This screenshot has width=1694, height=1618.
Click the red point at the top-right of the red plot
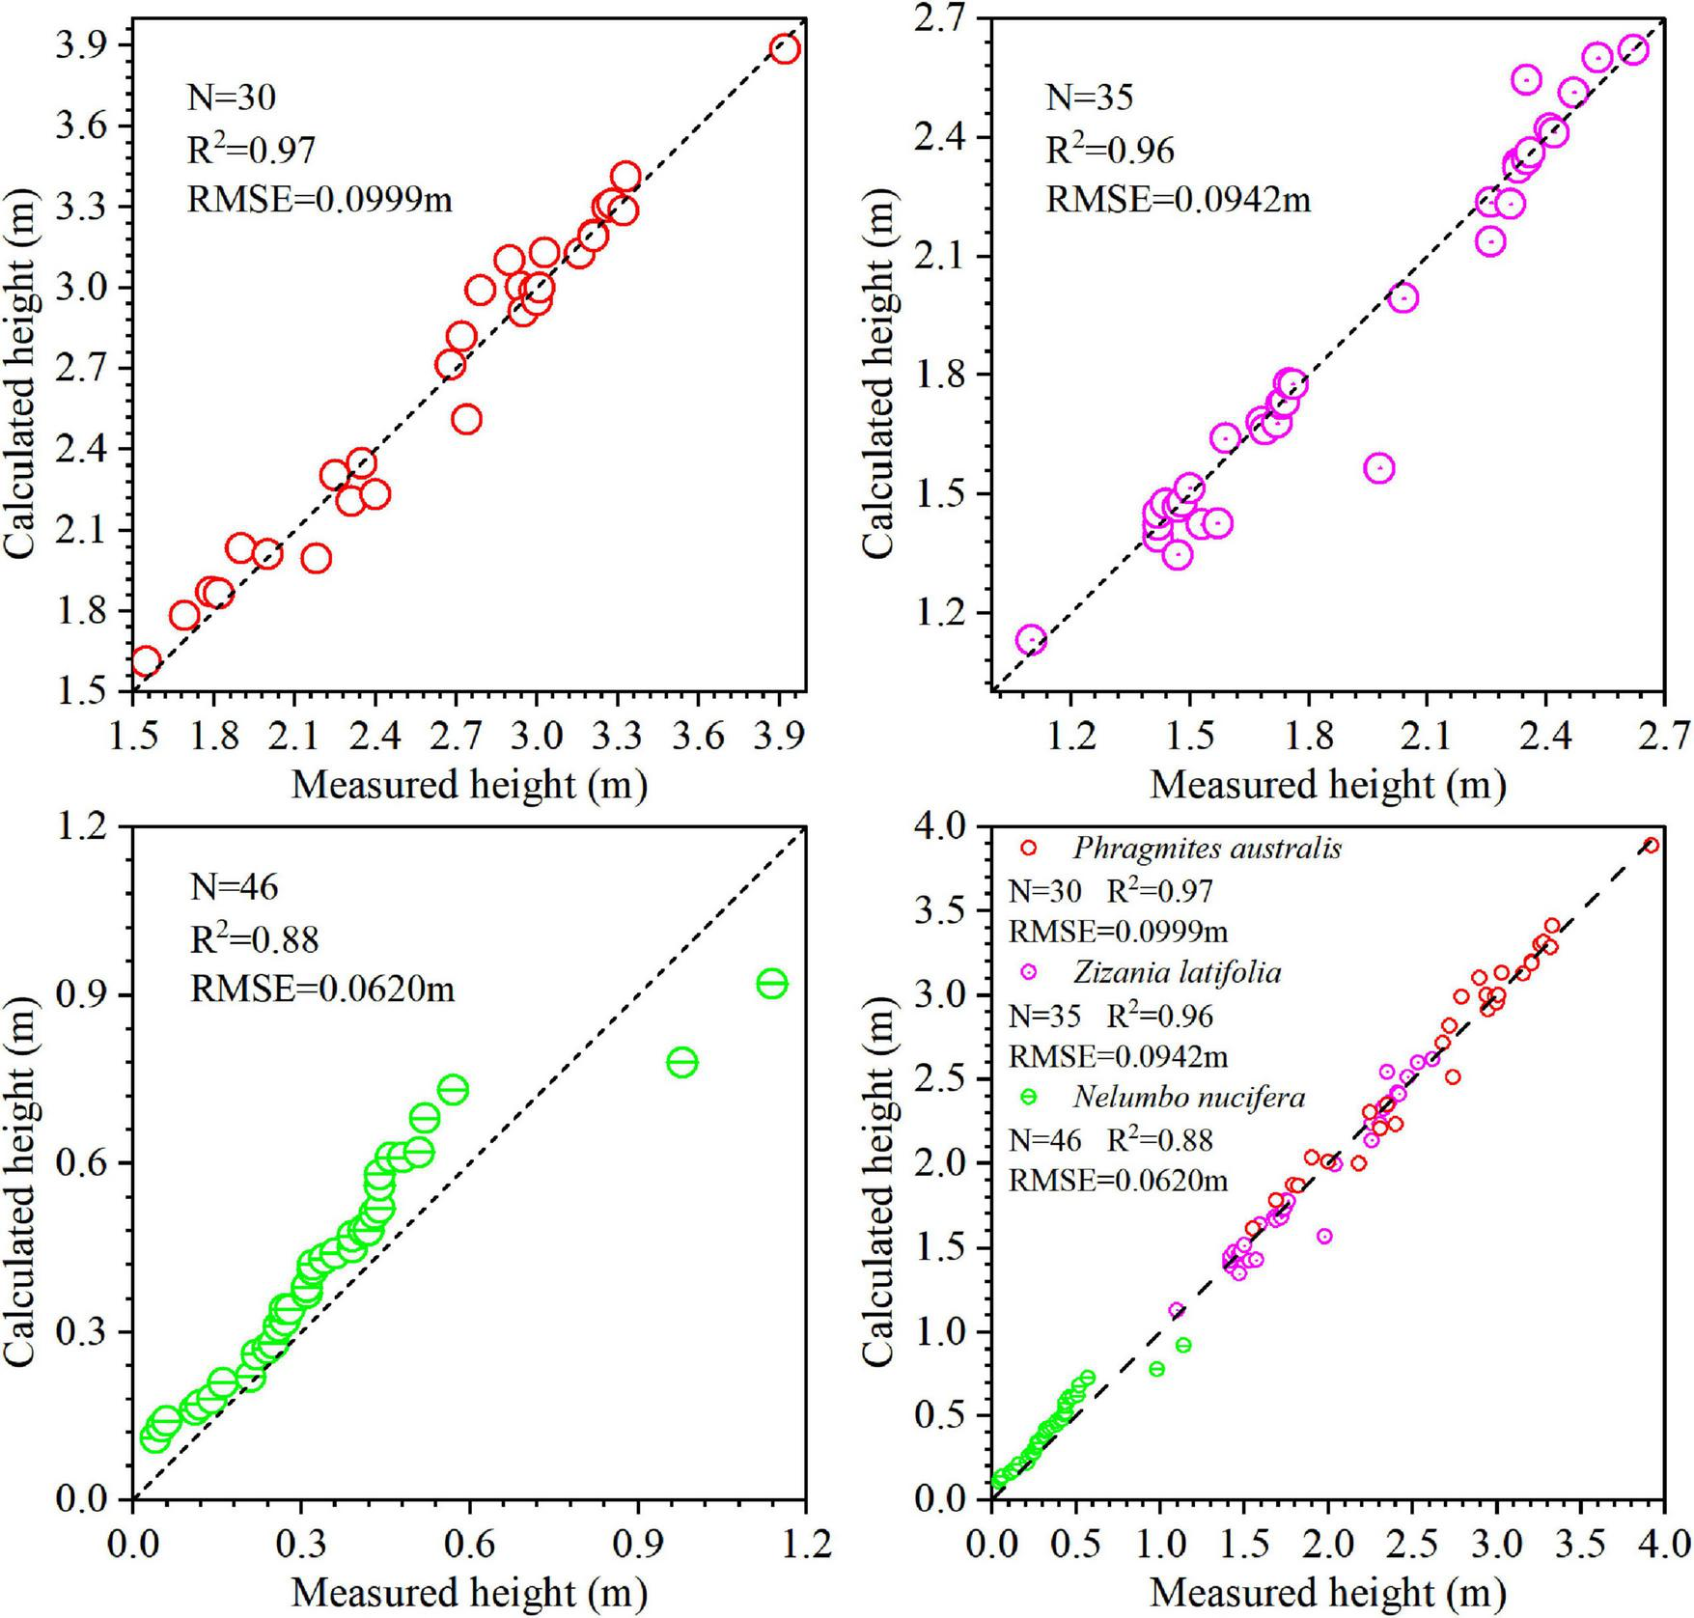(785, 49)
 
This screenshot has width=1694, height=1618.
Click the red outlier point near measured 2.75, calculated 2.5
(467, 419)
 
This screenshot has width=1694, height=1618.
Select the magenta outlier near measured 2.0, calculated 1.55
(1379, 468)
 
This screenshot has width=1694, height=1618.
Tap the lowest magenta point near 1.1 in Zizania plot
(1031, 639)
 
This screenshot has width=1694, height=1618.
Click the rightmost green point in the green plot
(771, 984)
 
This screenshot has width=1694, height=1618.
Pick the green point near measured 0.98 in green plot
(681, 1063)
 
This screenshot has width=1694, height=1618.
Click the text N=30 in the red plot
(231, 98)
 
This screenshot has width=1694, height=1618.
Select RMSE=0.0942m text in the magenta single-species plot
(1179, 200)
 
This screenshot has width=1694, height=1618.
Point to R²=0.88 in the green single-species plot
(254, 937)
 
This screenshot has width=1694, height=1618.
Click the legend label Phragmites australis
(1206, 849)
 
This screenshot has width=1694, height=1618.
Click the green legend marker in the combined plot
(1028, 1097)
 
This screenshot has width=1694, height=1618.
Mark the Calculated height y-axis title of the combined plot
(879, 1163)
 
